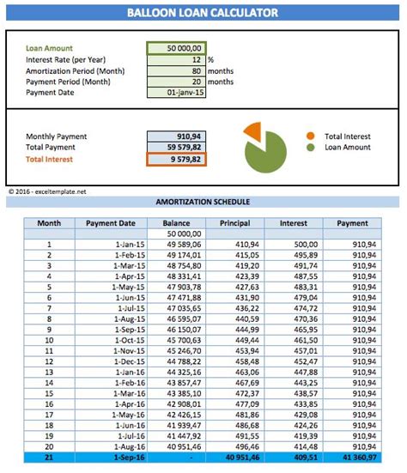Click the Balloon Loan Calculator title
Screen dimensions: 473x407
coord(203,13)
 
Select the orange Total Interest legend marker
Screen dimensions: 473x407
coord(310,136)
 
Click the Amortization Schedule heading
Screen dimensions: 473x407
coord(203,202)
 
